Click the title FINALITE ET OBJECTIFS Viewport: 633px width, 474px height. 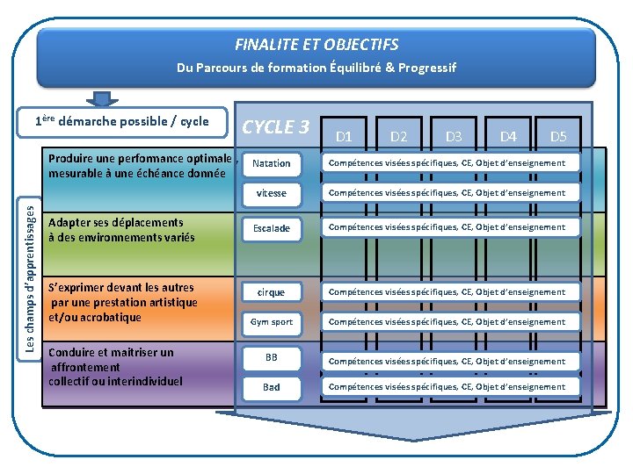[316, 44]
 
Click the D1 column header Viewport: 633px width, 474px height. [344, 136]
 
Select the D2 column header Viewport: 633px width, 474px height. [398, 136]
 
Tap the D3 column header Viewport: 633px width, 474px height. [454, 136]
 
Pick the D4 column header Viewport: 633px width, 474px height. [508, 136]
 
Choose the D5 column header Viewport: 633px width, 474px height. [558, 136]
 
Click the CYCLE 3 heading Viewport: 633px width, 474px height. [275, 126]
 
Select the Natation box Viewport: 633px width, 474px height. [271, 163]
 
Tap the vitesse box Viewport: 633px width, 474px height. [271, 193]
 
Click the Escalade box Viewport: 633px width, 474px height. [271, 228]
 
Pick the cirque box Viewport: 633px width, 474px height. [271, 291]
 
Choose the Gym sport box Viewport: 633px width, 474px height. [271, 322]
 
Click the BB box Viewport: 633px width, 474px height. [271, 357]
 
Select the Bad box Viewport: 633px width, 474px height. [271, 387]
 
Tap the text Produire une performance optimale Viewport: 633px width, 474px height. [140, 159]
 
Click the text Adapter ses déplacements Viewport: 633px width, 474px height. [116, 222]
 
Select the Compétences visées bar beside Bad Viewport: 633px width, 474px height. [447, 387]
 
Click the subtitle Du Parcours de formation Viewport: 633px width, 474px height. [316, 68]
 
